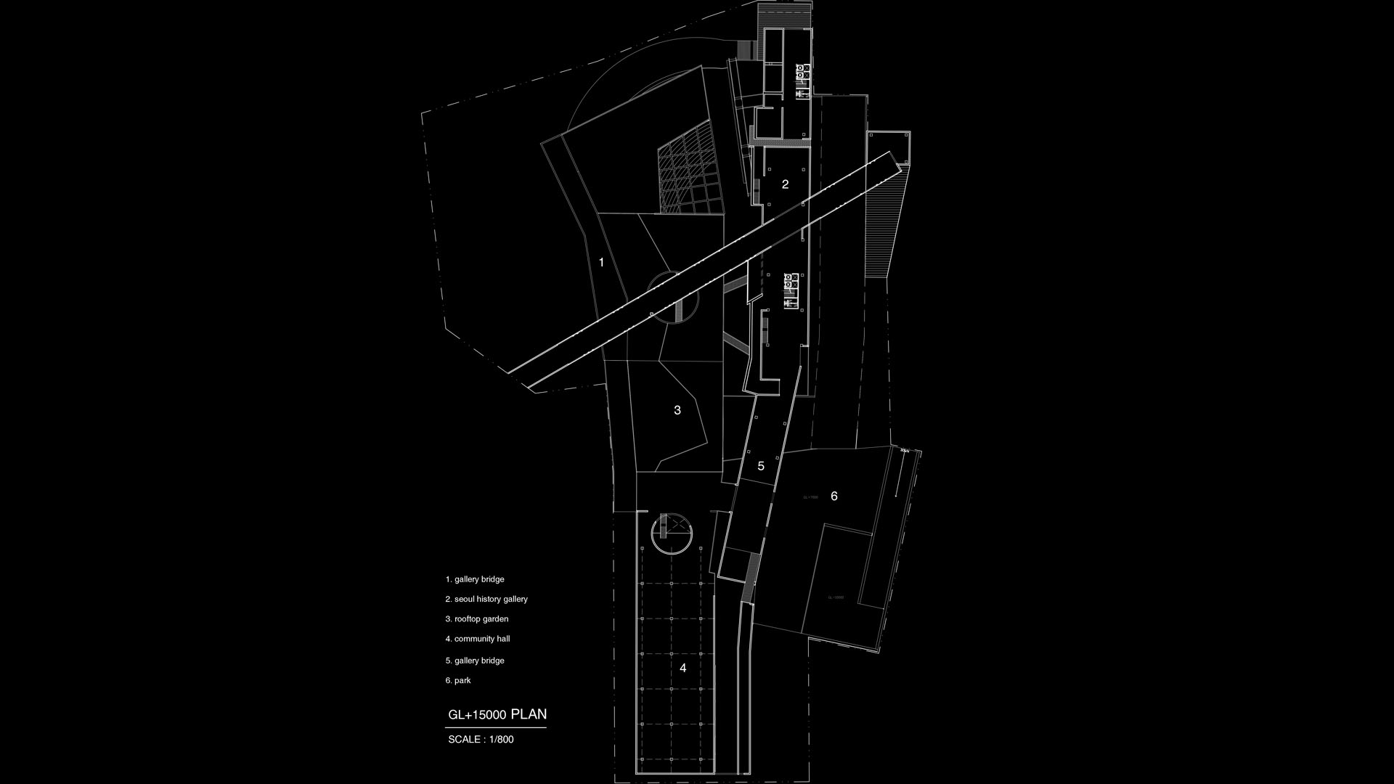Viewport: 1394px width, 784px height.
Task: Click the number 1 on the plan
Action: coord(601,262)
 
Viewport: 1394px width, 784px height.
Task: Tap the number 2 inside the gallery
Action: coord(785,184)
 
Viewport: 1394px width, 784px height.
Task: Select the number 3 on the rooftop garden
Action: coord(677,410)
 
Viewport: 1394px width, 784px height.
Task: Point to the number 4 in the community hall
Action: coord(682,668)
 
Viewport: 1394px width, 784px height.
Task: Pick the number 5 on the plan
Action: coord(761,466)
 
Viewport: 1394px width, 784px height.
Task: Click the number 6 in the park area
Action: coord(834,497)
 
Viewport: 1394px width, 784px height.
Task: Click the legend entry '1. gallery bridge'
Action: coord(475,579)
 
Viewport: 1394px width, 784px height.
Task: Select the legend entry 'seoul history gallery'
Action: coord(486,599)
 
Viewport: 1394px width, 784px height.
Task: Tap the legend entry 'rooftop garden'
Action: coord(477,619)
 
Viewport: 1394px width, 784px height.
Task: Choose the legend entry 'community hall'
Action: coord(478,639)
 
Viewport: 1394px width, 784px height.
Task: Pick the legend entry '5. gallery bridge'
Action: coord(475,661)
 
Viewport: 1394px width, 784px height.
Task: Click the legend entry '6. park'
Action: coord(458,680)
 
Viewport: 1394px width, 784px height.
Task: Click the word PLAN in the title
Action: coord(529,714)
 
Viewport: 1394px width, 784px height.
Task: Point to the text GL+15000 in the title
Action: coord(477,715)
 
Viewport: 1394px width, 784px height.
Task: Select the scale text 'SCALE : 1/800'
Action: coord(481,740)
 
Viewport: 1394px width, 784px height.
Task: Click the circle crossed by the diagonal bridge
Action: coord(672,298)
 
